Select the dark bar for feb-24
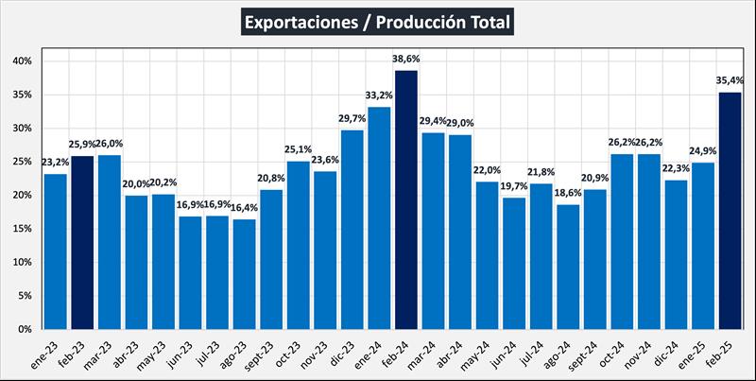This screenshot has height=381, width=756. coord(406,199)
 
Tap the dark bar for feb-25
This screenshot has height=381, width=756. coord(730,210)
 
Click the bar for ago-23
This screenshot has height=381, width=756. coord(244,274)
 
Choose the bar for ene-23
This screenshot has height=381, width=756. coord(56,251)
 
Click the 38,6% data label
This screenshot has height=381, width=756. coord(406,59)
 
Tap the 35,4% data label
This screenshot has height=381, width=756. coord(730,80)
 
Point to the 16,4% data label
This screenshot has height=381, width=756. coord(244,208)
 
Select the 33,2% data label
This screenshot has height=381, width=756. coord(379,95)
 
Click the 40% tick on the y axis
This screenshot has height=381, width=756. coord(22,61)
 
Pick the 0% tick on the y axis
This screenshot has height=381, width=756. coord(25,329)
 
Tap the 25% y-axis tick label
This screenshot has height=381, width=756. coord(22,162)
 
